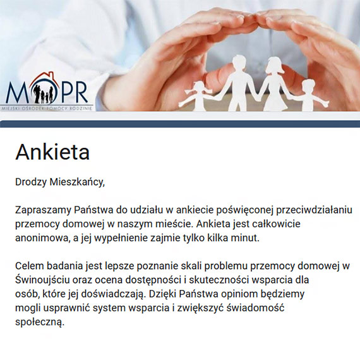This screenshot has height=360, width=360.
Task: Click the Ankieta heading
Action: (x=52, y=152)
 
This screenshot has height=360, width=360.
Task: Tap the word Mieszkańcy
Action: (x=78, y=183)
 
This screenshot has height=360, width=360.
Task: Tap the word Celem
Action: (x=29, y=265)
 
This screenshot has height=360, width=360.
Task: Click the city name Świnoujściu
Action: (x=46, y=279)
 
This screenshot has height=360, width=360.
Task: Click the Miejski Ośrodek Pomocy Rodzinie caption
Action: (x=47, y=109)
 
